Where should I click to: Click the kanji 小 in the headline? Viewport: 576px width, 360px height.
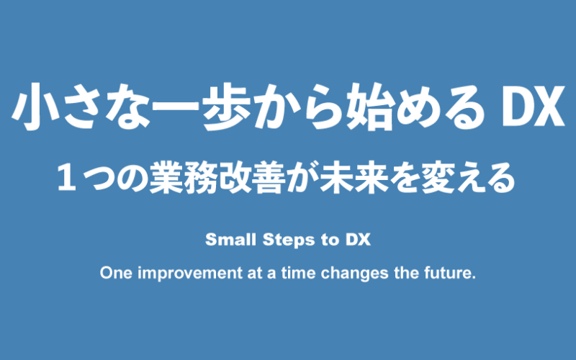[36, 107]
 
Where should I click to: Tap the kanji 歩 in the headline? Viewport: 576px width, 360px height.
[228, 107]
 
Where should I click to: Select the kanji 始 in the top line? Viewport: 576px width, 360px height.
[372, 107]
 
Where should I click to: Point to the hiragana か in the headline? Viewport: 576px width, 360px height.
[276, 107]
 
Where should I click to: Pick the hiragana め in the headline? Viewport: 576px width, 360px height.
[420, 107]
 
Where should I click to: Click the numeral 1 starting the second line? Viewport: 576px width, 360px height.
[67, 178]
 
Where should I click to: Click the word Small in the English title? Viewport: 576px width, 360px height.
[230, 240]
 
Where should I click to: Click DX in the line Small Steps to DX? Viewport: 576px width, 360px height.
[358, 240]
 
